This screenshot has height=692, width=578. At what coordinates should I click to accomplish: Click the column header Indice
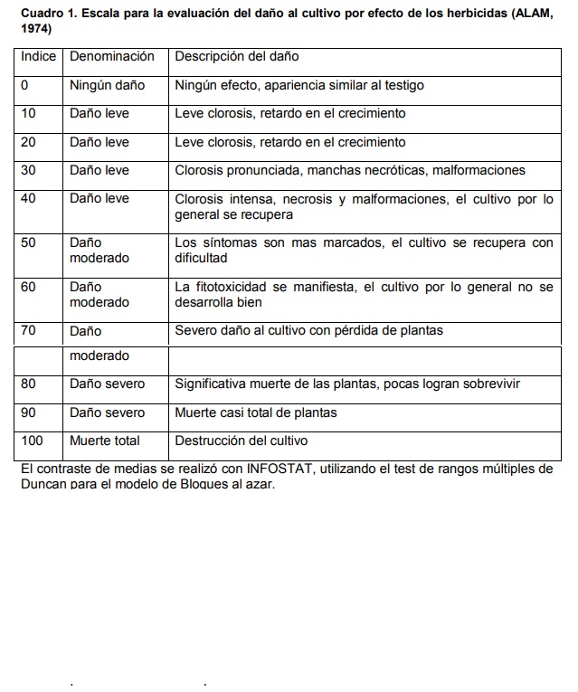point(38,57)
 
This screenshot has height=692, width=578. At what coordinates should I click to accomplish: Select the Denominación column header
point(112,57)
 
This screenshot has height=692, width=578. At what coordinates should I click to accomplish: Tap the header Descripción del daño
point(236,57)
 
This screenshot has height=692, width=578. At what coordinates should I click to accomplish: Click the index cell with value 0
point(25,86)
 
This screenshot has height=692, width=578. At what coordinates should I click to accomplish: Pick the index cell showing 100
point(32,441)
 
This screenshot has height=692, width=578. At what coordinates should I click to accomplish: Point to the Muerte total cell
point(105,441)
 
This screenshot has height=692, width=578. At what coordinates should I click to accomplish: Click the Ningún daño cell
point(108,86)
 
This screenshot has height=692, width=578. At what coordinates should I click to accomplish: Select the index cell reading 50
point(28,242)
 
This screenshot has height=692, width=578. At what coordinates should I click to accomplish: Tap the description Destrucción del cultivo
point(242,441)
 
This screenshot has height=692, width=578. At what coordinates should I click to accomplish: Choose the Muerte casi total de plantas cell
point(256,412)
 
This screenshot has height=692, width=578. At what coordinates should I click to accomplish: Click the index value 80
point(28,384)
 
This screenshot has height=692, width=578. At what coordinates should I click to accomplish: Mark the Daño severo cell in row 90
point(108,412)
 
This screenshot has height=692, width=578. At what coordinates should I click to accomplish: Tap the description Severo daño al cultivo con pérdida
point(308,331)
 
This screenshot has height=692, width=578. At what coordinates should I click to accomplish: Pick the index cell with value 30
point(28,170)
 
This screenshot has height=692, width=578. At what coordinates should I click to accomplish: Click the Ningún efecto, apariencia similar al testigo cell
point(299,86)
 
